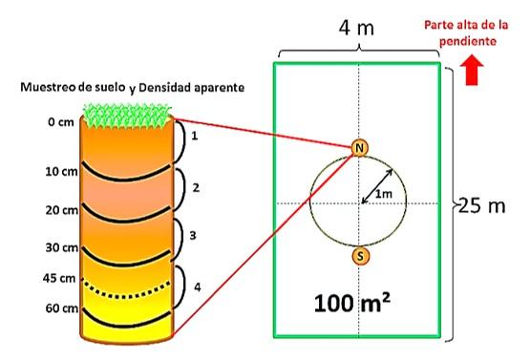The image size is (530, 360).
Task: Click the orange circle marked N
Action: tap(359, 148)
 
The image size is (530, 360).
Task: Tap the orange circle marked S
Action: tap(360, 256)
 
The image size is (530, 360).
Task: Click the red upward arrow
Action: tap(472, 72)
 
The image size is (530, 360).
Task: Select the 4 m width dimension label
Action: tap(356, 28)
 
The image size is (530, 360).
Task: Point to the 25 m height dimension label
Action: tap(481, 205)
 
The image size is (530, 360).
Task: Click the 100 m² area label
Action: tap(351, 303)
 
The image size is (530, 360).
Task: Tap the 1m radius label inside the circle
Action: tap(383, 194)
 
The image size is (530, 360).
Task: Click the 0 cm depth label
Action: tap(61, 121)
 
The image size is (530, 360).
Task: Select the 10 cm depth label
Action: tap(61, 171)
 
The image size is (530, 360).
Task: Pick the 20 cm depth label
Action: tap(61, 210)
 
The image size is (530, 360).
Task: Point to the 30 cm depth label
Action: tap(62, 247)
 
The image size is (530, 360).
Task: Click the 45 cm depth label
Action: tap(59, 278)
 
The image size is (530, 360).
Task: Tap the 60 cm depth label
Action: tap(62, 308)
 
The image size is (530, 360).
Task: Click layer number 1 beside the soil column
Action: tap(195, 136)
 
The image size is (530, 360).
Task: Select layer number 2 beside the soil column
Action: tap(196, 187)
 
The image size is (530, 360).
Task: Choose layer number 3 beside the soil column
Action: tap(193, 235)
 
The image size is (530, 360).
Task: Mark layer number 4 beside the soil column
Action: tap(198, 287)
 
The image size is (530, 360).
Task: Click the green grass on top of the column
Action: tap(127, 116)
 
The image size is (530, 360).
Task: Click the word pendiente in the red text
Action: tap(468, 41)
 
